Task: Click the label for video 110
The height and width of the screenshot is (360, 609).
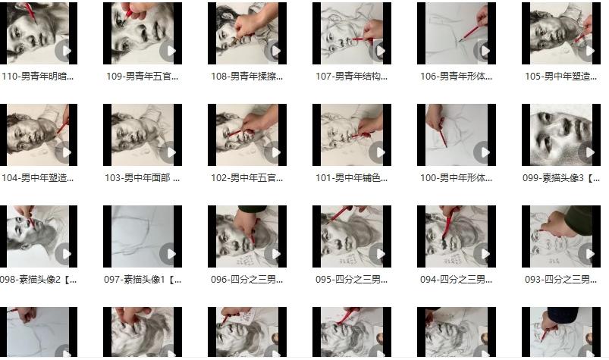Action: (x=37, y=77)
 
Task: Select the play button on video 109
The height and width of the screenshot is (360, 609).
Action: (x=169, y=51)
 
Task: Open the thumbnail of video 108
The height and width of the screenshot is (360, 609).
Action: (x=247, y=33)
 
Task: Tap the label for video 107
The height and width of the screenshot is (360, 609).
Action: (x=351, y=77)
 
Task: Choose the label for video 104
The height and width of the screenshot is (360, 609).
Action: (x=37, y=178)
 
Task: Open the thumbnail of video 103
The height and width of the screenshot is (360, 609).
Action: (x=143, y=135)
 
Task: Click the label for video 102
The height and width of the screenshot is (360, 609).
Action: (x=247, y=178)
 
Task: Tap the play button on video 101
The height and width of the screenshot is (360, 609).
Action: (x=378, y=152)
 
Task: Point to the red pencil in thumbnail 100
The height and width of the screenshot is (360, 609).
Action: (x=443, y=134)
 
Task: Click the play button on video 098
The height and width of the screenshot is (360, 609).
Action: (x=64, y=254)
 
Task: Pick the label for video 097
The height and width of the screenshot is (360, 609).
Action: (x=143, y=280)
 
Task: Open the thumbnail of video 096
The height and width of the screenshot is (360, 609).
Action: (x=247, y=236)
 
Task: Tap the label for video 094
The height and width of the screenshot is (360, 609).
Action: (x=456, y=280)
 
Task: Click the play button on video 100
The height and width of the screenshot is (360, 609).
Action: (x=483, y=152)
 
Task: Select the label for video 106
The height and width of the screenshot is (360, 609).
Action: (x=456, y=77)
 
